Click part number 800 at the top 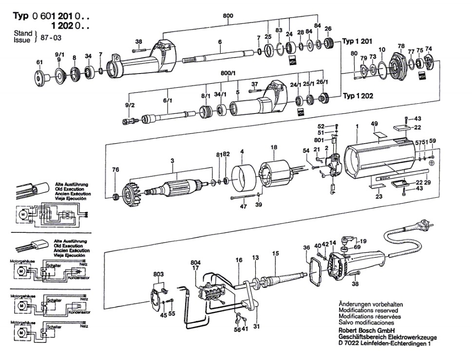227,16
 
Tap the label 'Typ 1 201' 358,41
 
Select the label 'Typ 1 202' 358,96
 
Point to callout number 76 115,170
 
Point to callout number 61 39,62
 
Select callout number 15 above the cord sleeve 276,253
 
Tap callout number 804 196,263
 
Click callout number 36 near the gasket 306,247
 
